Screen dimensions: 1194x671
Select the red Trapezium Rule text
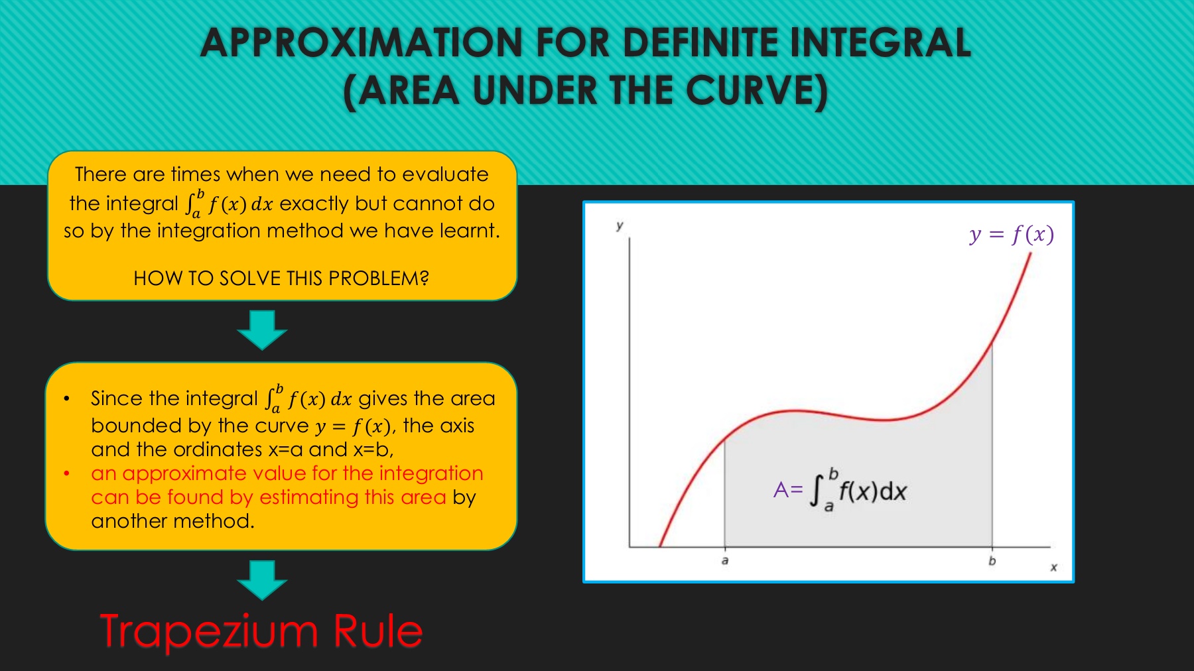tap(261, 631)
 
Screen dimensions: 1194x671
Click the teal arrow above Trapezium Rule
tap(262, 580)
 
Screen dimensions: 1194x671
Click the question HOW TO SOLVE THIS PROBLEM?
tap(281, 278)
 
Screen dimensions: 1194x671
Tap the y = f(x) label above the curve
tap(1012, 235)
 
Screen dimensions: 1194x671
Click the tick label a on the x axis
tap(725, 561)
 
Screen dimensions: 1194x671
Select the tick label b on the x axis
tap(992, 561)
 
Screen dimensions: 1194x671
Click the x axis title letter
tap(1053, 568)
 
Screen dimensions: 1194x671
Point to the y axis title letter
tap(620, 225)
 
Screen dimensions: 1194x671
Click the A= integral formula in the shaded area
tap(840, 491)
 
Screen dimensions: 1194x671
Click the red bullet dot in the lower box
tap(66, 473)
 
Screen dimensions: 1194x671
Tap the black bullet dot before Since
tap(66, 398)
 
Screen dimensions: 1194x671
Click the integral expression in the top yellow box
tap(229, 204)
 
